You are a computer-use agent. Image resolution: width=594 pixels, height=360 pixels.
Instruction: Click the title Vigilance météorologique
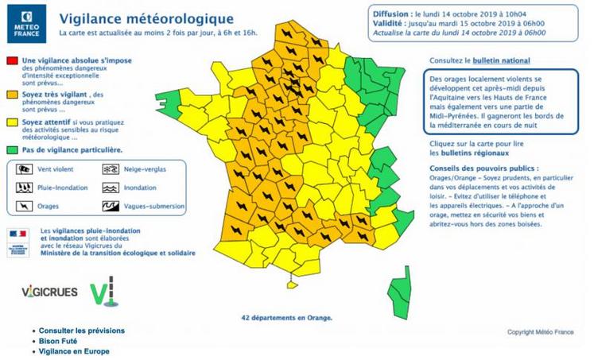coord(147,17)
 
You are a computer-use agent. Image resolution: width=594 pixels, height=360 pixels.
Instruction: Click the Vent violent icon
coord(24,169)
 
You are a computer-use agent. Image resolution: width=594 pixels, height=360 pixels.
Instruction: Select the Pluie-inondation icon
coord(24,188)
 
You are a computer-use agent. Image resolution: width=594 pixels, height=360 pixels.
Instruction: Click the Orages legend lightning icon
coord(24,207)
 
